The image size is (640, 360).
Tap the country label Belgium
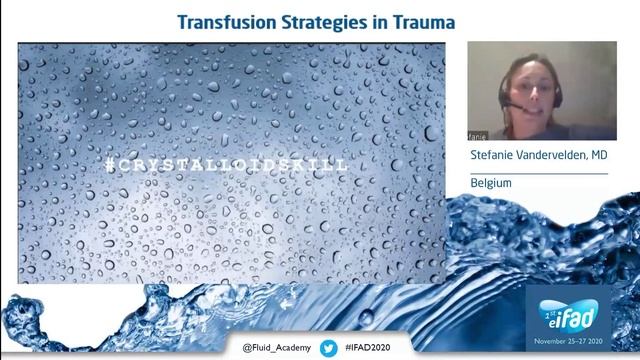coord(491,184)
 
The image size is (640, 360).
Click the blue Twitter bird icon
coord(328,347)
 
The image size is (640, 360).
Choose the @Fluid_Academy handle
coord(277,347)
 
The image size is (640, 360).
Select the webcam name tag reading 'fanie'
coord(478,133)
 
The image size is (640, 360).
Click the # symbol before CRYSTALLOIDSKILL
coord(109,162)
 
